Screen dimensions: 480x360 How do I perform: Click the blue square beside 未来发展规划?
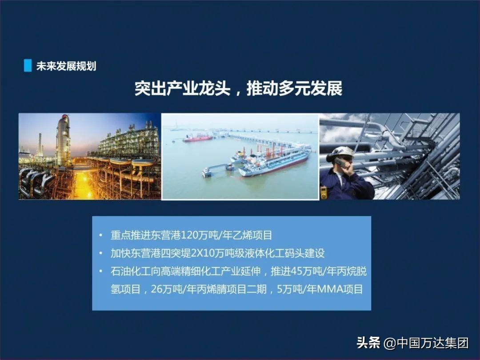tap(28, 65)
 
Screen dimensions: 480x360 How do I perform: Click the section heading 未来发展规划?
tap(66, 66)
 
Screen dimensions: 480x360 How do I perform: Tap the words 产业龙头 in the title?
tap(198, 88)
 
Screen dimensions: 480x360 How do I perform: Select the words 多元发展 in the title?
tap(310, 88)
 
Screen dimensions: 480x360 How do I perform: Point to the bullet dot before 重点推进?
tap(101, 236)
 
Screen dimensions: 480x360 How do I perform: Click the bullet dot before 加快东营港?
tap(101, 253)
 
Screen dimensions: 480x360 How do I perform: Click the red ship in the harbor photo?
tap(197, 138)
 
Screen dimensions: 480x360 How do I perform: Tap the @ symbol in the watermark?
tap(389, 343)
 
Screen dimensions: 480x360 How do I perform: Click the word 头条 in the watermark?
tap(368, 343)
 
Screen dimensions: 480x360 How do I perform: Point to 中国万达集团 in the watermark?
tap(432, 343)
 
